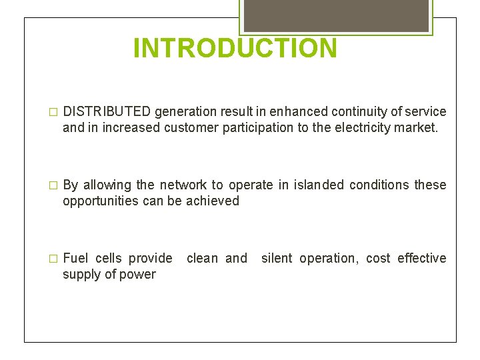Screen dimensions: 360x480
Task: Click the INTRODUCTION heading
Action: (235, 49)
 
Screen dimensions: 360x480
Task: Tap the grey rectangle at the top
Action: (336, 15)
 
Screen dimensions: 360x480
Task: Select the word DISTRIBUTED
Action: (107, 111)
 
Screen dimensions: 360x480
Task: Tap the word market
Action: (416, 127)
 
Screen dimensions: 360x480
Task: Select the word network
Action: (183, 185)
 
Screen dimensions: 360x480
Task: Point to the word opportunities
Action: (101, 201)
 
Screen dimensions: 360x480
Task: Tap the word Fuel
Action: (75, 258)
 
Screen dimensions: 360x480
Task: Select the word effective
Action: (422, 258)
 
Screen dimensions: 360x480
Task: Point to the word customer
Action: (187, 127)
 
